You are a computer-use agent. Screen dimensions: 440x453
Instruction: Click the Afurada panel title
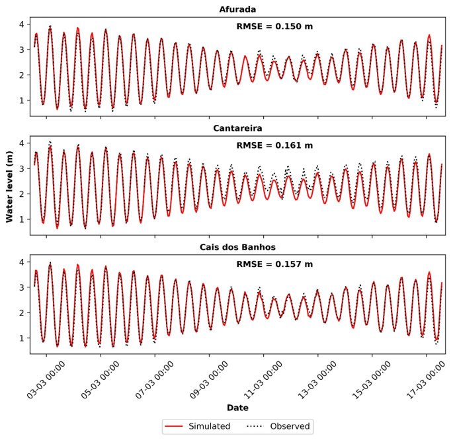[x=237, y=9]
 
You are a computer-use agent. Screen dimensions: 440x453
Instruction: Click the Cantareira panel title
[x=237, y=128]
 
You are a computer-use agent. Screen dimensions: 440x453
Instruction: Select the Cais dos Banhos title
[x=237, y=247]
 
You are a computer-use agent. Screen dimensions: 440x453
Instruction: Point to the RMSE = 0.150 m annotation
[x=274, y=26]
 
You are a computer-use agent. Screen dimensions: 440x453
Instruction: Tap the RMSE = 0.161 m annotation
[x=274, y=145]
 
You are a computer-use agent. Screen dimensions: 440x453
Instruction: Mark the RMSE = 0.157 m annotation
[x=274, y=264]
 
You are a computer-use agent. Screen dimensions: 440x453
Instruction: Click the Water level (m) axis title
[x=10, y=188]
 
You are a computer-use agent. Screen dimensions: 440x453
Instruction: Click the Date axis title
[x=237, y=408]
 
